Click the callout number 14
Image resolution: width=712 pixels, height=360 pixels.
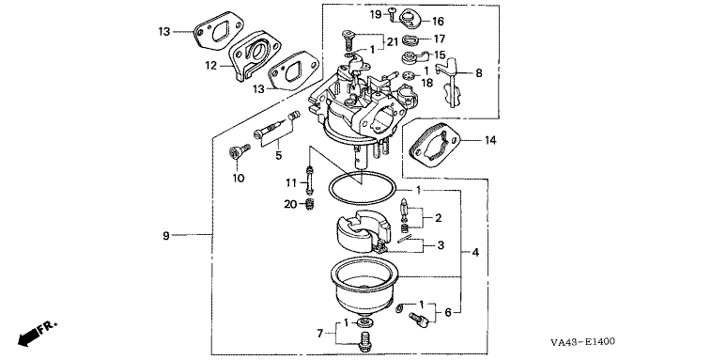pos(490,140)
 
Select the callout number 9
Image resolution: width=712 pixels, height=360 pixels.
pos(166,235)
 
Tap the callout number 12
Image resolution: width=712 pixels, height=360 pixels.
pos(211,66)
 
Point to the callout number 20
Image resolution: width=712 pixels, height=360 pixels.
pos(290,205)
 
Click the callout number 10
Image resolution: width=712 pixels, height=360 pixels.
pos(239,179)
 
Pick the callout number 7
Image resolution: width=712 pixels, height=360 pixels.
pos(320,334)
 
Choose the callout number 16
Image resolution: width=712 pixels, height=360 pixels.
pos(438,22)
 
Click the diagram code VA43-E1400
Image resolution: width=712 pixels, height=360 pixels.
pos(582,342)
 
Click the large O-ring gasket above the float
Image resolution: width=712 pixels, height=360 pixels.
pos(362,188)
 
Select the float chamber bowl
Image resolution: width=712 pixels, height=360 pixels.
pos(364,286)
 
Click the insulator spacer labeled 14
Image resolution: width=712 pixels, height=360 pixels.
pos(436,147)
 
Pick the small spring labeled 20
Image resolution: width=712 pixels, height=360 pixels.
pos(310,205)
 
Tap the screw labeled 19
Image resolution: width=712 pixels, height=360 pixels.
pos(391,14)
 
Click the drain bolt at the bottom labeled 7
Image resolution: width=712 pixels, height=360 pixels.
pos(364,342)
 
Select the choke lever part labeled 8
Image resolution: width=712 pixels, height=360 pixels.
pos(449,83)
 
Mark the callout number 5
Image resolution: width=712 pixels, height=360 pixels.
pos(278,155)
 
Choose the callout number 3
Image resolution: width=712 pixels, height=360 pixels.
pos(441,246)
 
